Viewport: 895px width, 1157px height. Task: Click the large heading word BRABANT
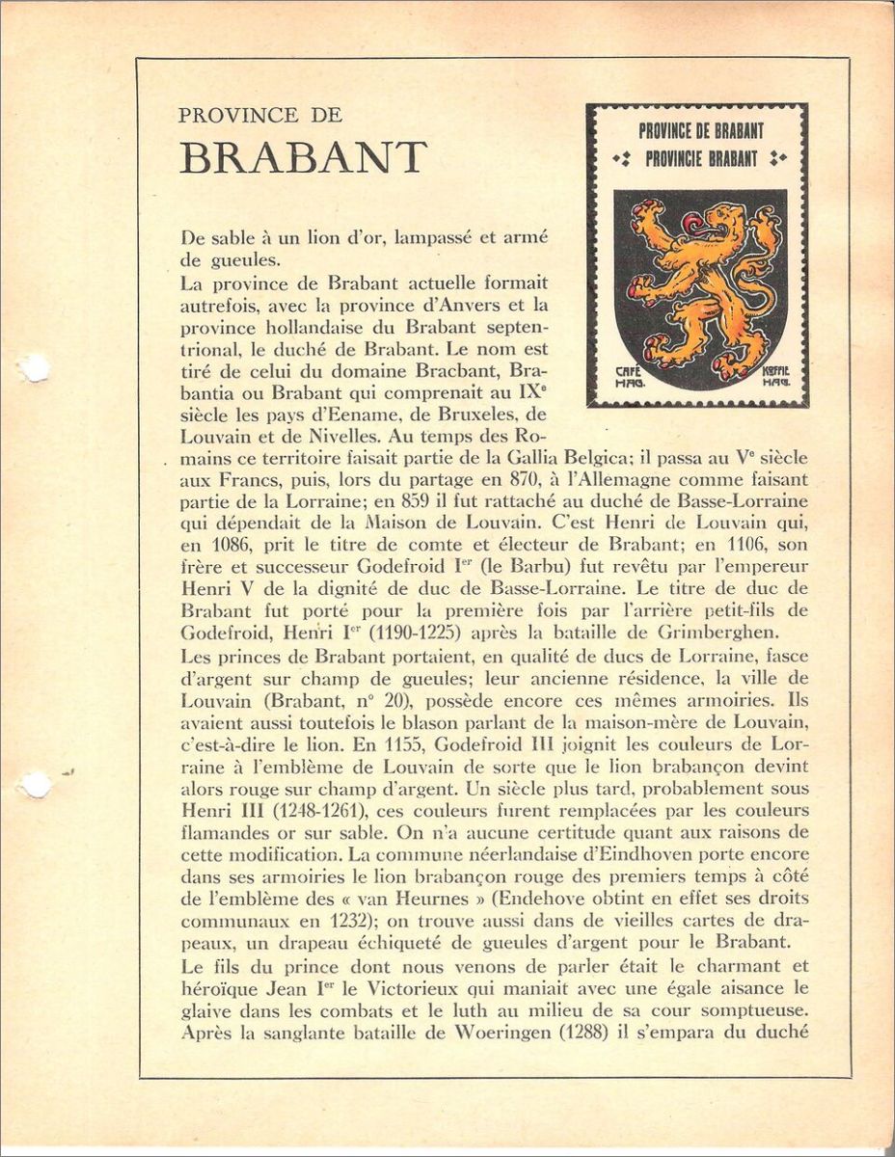tap(303, 158)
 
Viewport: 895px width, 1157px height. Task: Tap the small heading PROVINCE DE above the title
tap(259, 115)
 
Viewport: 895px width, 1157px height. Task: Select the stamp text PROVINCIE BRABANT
tap(701, 159)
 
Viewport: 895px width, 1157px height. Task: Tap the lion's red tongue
tap(692, 224)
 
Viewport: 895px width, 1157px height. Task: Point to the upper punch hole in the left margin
tap(34, 367)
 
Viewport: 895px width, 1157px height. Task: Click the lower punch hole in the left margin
tap(36, 785)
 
